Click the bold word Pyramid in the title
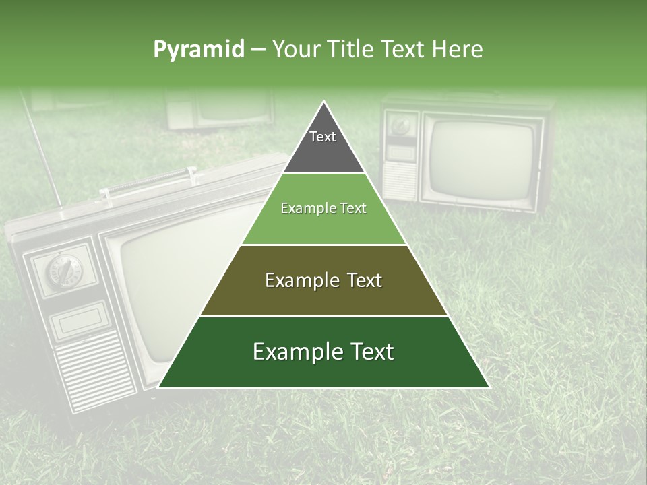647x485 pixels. click(x=199, y=50)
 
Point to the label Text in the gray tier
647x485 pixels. click(x=323, y=137)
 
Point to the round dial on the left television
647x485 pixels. click(x=62, y=270)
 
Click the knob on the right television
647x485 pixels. click(x=402, y=127)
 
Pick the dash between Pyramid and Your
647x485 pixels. click(x=258, y=50)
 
